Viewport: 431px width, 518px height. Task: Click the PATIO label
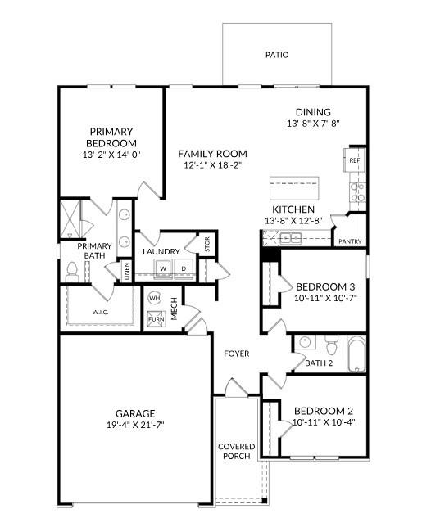point(276,56)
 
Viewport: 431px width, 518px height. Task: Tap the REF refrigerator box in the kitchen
point(355,160)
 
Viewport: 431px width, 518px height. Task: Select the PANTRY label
point(349,241)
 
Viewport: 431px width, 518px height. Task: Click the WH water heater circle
point(154,299)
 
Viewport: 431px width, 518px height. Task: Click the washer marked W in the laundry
point(163,268)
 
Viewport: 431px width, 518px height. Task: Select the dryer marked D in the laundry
point(183,268)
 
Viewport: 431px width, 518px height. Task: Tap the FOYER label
point(237,354)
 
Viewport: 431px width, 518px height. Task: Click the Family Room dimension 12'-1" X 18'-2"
point(213,165)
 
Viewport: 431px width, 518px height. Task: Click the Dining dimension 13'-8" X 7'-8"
point(313,124)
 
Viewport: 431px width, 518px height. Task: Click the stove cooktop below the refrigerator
point(357,191)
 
